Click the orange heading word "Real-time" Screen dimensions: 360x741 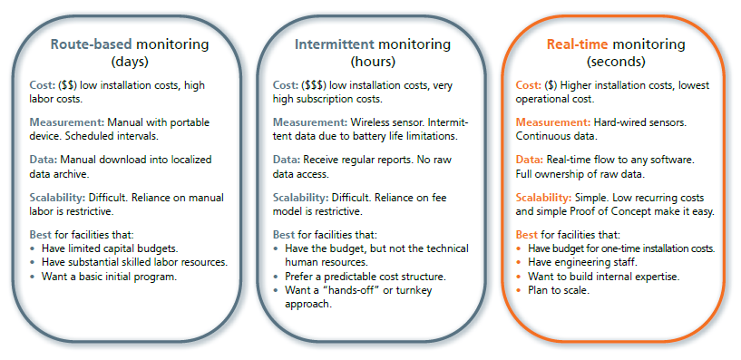pos(577,44)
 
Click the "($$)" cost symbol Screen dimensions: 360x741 pos(69,86)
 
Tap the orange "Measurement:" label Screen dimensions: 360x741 pos(552,121)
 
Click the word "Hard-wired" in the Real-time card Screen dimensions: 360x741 pos(623,121)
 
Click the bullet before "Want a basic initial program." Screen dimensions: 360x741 pos(34,277)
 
